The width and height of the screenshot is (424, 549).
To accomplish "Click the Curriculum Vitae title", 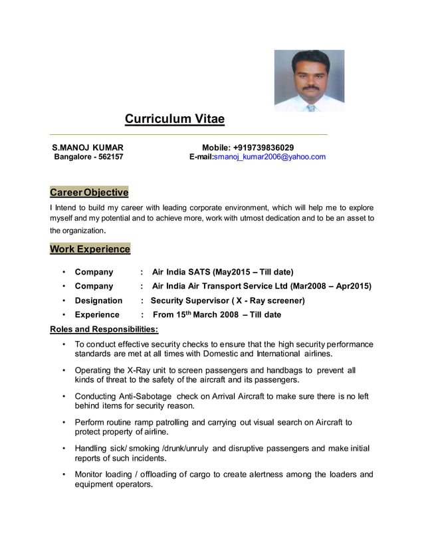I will coord(175,120).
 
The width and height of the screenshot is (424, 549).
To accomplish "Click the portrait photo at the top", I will coord(309,80).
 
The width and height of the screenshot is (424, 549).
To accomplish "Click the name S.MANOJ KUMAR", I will coord(88,147).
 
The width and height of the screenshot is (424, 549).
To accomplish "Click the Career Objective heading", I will coord(89,193).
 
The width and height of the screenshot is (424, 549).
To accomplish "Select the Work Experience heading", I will coord(90,249).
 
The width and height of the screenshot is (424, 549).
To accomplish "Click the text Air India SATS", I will coord(181,272).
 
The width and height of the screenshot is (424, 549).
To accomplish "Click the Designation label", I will coord(98,300).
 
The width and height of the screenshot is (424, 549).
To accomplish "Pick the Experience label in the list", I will coord(97,314).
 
